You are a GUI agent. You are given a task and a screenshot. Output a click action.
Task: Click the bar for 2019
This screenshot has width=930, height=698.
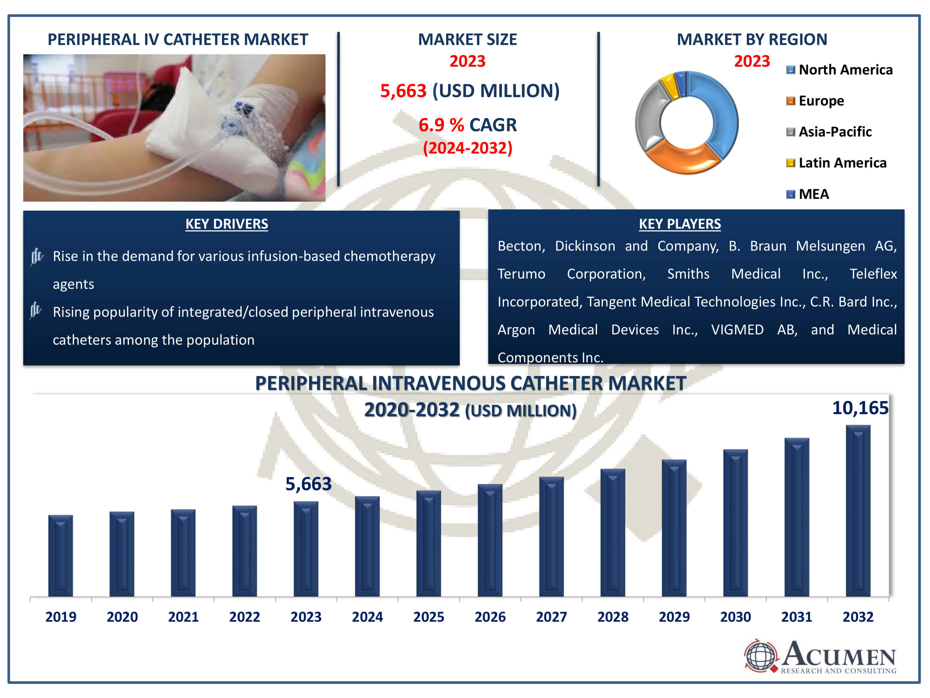pyautogui.click(x=60, y=556)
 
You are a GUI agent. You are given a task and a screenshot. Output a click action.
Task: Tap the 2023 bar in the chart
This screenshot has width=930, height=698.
pyautogui.click(x=306, y=549)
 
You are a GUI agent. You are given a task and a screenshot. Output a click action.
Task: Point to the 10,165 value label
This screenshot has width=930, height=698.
pyautogui.click(x=860, y=408)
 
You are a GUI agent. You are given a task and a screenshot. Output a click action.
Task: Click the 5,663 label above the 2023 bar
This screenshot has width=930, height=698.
pyautogui.click(x=308, y=484)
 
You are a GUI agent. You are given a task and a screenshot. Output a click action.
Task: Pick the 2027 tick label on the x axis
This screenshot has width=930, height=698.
pyautogui.click(x=551, y=617)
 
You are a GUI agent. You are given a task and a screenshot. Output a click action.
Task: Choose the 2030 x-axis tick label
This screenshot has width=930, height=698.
pyautogui.click(x=735, y=617)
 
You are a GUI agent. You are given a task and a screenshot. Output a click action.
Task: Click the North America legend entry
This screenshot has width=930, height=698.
pyautogui.click(x=839, y=70)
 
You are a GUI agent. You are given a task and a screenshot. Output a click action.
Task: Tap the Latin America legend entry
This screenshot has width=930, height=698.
pyautogui.click(x=836, y=163)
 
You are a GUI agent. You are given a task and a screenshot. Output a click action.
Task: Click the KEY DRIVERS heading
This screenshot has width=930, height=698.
pyautogui.click(x=227, y=224)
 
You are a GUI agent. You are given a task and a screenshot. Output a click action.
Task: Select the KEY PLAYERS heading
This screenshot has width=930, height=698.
pyautogui.click(x=680, y=224)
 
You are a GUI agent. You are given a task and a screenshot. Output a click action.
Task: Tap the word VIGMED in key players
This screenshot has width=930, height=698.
pyautogui.click(x=737, y=329)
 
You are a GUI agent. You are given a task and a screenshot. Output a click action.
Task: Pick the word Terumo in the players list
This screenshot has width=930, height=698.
pyautogui.click(x=521, y=274)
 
